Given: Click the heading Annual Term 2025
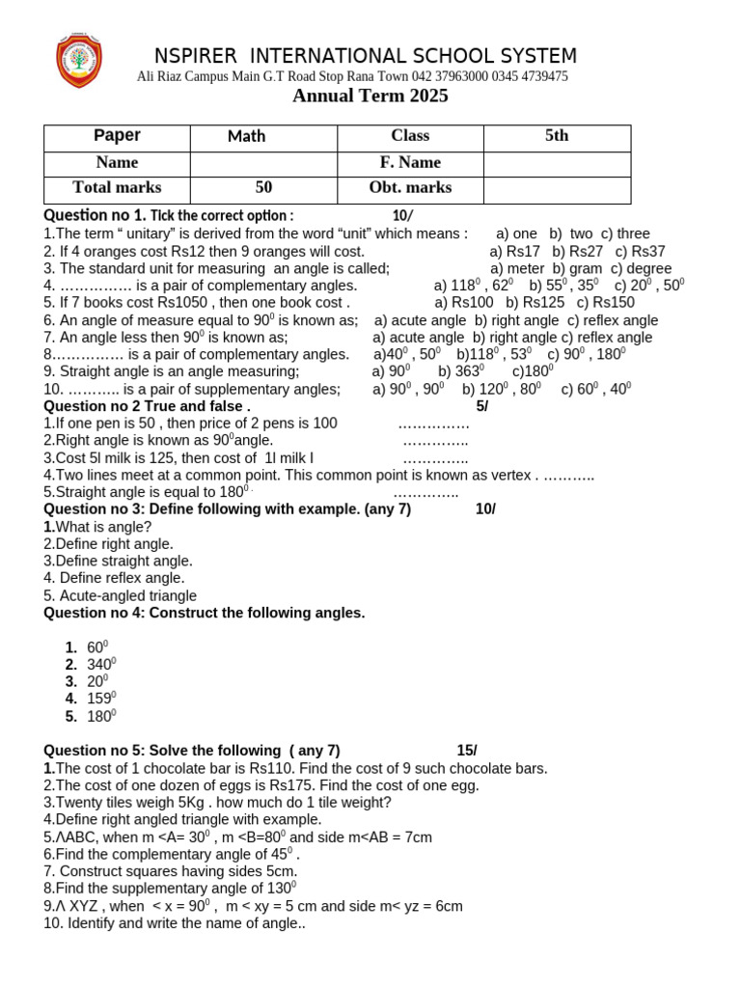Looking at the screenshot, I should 370,96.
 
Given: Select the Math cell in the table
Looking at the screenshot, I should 246,136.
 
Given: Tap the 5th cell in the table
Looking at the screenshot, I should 557,136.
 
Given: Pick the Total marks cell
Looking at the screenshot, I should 117,187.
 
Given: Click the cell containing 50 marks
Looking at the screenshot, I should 263,187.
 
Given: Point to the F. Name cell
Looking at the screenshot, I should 410,162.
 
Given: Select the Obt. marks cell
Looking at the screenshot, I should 410,187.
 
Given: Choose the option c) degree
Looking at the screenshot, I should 641,268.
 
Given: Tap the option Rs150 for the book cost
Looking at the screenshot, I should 606,302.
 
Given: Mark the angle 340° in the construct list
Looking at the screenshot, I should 101,664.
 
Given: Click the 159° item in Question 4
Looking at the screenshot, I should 101,698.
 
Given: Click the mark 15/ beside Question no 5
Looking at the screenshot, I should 467,751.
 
